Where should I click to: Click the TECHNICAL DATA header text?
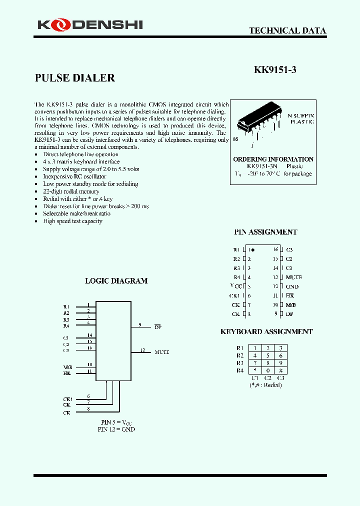(x=287, y=30)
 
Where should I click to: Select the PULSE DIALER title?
(x=75, y=78)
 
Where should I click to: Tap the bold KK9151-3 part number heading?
(x=275, y=70)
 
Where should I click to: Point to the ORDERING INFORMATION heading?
(x=273, y=159)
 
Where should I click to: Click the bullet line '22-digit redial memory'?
(x=71, y=191)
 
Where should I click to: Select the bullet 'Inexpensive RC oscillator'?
(x=74, y=176)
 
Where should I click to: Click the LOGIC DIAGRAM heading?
(x=116, y=281)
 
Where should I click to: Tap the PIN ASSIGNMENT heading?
(x=265, y=232)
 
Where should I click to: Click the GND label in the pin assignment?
(x=292, y=286)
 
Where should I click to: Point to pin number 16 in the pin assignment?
(x=275, y=249)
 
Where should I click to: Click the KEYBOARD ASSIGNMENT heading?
(x=266, y=331)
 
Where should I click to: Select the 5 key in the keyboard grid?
(x=267, y=355)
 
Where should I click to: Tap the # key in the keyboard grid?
(x=280, y=370)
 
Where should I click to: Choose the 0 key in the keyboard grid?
(x=267, y=370)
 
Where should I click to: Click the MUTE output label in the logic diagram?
(x=162, y=352)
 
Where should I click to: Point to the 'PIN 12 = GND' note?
(x=116, y=429)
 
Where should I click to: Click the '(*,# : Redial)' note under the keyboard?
(x=265, y=385)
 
